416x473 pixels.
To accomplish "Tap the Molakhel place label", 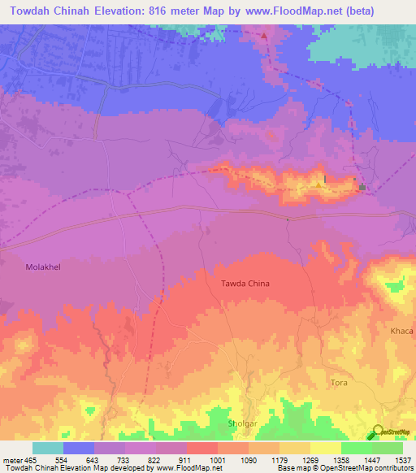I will click(44, 266).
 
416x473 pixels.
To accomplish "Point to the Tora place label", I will click(340, 382).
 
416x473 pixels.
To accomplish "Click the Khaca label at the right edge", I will click(401, 331).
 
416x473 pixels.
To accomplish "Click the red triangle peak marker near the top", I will click(264, 36).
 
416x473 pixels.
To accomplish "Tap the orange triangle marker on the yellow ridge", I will click(318, 184).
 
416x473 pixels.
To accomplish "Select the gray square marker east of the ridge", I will click(362, 189).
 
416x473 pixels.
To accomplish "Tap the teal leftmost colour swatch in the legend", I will click(48, 448).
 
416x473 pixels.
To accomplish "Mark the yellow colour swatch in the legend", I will click(325, 448).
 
